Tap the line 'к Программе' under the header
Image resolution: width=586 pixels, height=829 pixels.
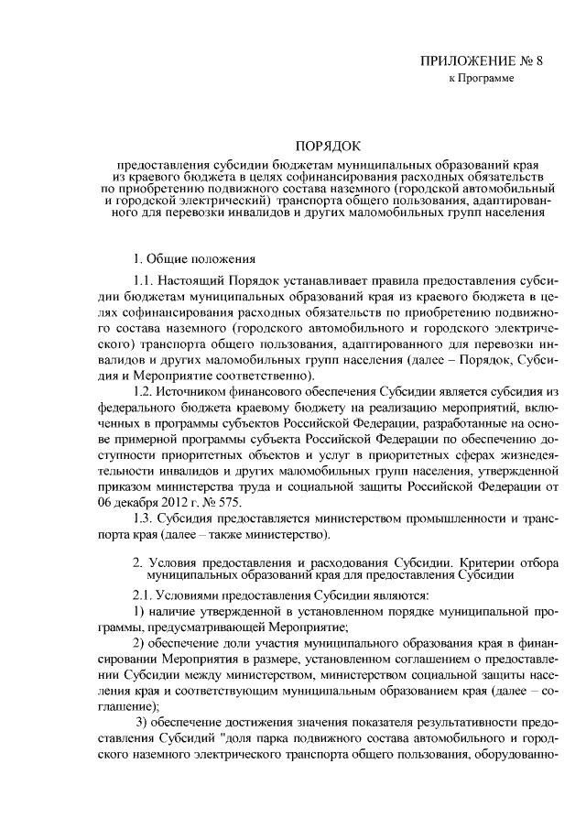[481, 80]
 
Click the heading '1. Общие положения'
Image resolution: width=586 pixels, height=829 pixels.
[194, 259]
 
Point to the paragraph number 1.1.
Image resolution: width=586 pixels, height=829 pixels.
[145, 279]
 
